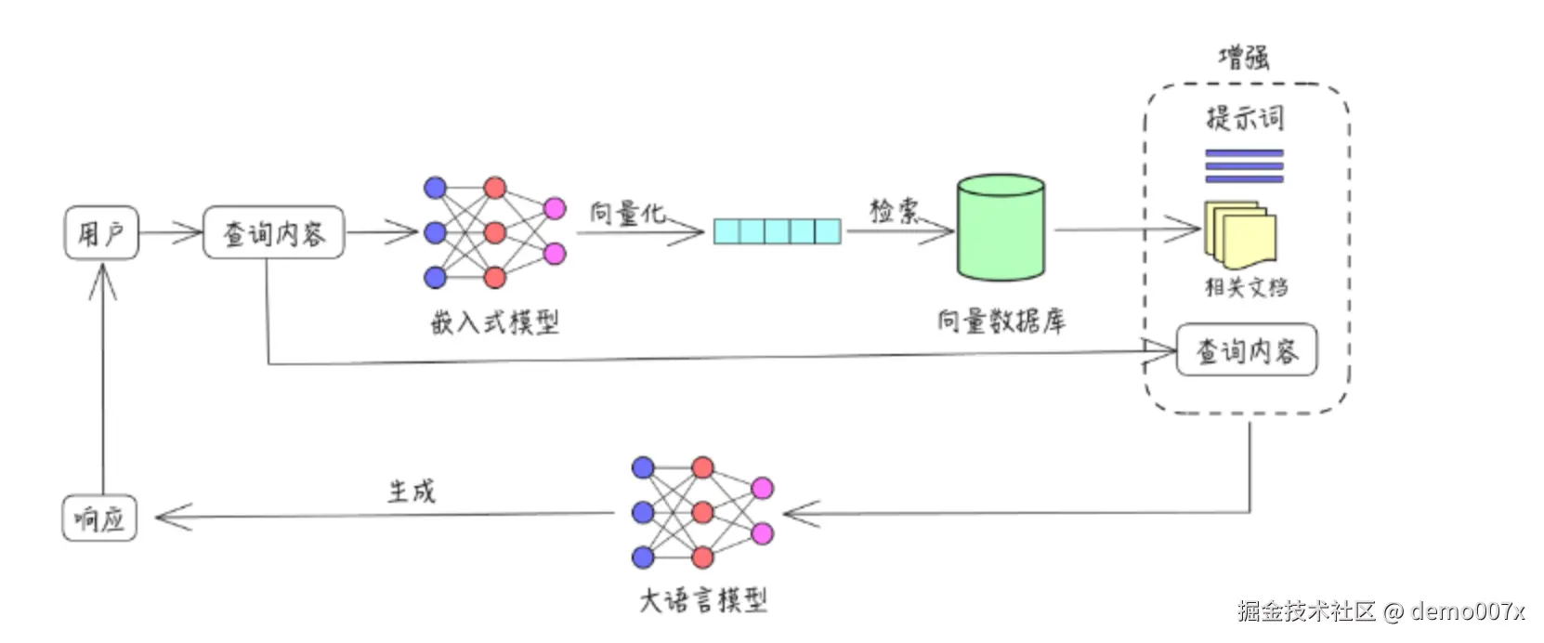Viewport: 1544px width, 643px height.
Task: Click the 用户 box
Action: click(x=101, y=232)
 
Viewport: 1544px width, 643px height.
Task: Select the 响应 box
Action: click(x=99, y=518)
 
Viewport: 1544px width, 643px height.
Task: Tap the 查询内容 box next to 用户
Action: click(x=273, y=232)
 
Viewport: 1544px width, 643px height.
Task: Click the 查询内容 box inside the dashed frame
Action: click(x=1246, y=350)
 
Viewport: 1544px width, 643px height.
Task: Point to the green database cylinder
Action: click(x=1001, y=229)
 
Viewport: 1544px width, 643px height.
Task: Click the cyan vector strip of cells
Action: click(x=777, y=230)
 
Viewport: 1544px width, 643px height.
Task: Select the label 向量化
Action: click(x=627, y=213)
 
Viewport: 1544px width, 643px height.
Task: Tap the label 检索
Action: click(x=893, y=210)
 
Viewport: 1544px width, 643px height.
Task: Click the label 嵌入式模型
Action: click(x=494, y=322)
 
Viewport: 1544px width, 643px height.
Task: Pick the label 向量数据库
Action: click(x=1001, y=321)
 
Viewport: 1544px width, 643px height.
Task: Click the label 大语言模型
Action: click(x=703, y=600)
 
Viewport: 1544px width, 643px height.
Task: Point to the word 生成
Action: click(x=411, y=491)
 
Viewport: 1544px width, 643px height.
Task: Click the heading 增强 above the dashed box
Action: click(x=1243, y=58)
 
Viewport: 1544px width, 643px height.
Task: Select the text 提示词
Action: click(x=1244, y=118)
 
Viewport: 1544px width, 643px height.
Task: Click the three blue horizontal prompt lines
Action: click(x=1244, y=165)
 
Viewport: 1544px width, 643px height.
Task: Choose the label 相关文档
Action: click(x=1246, y=287)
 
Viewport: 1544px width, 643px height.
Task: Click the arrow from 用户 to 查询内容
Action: click(x=171, y=232)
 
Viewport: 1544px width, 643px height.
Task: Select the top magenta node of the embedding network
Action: click(x=555, y=208)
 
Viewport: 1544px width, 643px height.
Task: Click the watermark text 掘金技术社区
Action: click(x=1305, y=610)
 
